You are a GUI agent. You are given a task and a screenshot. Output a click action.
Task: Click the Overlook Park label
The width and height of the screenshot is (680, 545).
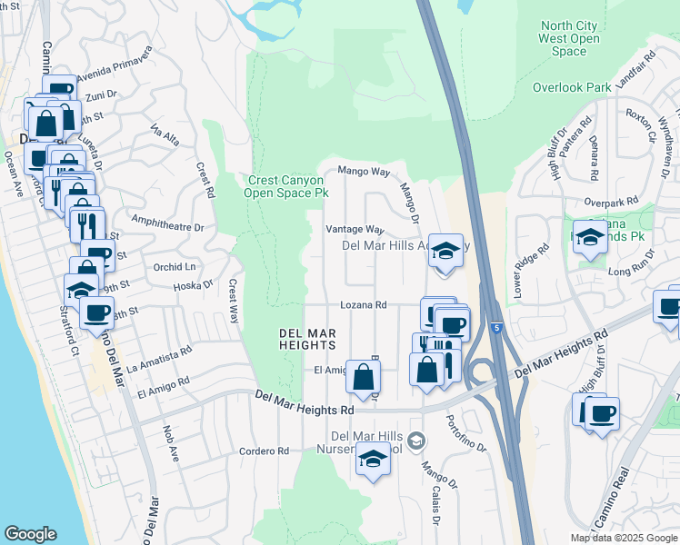[x=571, y=88]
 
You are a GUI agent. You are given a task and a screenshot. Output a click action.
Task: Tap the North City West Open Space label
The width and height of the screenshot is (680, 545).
[x=569, y=39]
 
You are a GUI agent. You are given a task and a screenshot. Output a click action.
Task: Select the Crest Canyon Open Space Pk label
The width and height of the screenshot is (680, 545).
[x=287, y=187]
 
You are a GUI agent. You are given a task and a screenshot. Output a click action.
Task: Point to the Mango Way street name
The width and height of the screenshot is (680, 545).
[x=364, y=171]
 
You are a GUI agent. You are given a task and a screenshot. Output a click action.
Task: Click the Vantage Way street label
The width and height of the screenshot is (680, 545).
[x=355, y=230]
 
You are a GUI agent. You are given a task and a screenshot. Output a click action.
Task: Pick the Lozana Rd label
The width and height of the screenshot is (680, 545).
[x=364, y=306]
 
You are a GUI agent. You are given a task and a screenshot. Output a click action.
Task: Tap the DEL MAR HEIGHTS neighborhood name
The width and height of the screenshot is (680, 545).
[x=307, y=339]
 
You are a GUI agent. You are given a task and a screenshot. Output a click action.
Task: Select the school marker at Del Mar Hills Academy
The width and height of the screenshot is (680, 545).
[x=445, y=251]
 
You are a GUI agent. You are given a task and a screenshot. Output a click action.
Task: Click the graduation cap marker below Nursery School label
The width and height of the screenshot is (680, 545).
[x=371, y=460]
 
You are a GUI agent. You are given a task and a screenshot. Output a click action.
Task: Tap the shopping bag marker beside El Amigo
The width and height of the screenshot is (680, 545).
[x=363, y=376]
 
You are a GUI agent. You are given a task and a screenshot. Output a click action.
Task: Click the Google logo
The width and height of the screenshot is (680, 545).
[x=30, y=534]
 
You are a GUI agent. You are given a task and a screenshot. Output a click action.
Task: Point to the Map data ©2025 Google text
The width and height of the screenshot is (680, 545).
[x=624, y=538]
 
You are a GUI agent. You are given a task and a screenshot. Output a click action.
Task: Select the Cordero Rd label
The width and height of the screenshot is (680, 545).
[x=264, y=451]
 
